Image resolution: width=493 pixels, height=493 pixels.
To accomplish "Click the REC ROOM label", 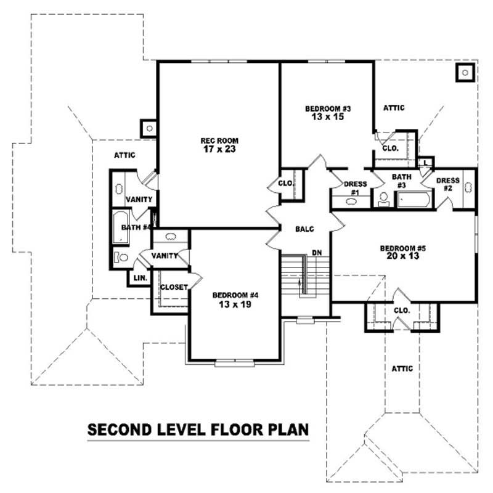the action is point(219,141).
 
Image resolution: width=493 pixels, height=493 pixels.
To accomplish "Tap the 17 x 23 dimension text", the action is point(219,149).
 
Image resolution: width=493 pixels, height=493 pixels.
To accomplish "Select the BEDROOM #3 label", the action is point(328,109).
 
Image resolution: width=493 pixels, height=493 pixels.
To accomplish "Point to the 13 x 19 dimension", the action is point(235,304).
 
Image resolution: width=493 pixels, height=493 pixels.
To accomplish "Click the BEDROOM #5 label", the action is point(403,248).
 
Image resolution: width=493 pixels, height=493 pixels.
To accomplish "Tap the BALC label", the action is point(304,229).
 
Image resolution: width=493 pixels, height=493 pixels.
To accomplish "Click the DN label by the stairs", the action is point(317,253).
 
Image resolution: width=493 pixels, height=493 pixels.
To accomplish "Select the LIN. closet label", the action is point(141,279).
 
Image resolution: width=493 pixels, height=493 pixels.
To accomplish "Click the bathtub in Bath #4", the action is point(121,227).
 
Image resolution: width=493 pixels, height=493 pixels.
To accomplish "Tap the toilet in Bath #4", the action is point(121,258).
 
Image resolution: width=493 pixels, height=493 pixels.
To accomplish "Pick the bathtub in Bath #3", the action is point(414,199).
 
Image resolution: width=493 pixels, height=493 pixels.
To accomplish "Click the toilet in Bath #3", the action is point(383,199).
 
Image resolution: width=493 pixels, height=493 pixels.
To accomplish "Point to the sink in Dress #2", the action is point(468,188).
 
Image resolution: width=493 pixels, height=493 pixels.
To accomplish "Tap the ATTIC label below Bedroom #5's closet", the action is point(402,369).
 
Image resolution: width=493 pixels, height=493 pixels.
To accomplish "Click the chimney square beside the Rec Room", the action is point(149,128).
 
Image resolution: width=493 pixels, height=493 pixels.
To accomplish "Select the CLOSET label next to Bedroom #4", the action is point(174,287).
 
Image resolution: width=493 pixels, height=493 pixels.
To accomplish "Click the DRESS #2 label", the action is point(448,184).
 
